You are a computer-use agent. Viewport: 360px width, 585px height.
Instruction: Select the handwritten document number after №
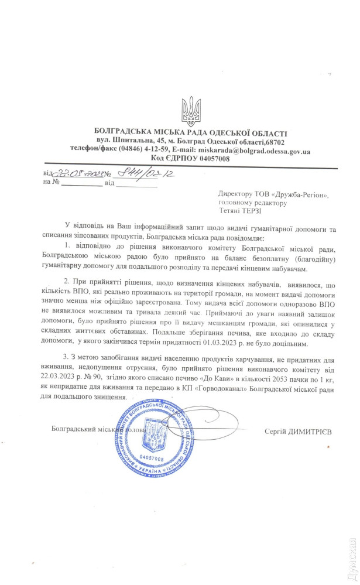pyautogui.click(x=144, y=173)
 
